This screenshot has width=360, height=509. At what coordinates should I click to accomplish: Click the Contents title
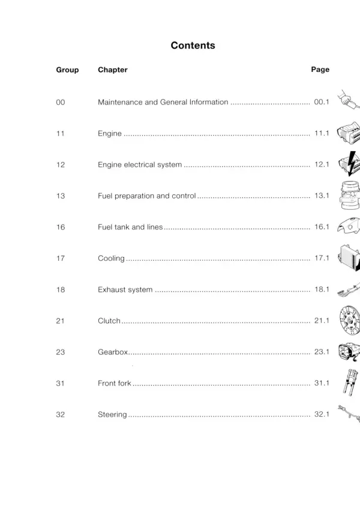point(193,46)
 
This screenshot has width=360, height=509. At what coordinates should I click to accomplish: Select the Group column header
point(67,70)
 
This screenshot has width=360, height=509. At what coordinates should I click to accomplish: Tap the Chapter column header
point(113,70)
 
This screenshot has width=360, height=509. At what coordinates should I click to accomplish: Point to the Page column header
point(320,70)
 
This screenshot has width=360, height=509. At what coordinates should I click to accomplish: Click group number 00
point(61,103)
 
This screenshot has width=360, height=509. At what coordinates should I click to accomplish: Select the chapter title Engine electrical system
point(140,165)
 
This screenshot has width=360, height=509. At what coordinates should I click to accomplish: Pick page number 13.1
point(322,195)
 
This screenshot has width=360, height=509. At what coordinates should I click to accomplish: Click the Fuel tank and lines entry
point(130,227)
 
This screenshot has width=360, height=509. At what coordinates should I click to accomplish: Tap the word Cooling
point(111,258)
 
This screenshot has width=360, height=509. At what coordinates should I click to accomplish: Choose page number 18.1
point(322,290)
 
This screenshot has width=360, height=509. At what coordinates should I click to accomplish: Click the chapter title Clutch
point(109,321)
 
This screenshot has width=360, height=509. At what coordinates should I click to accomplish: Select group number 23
point(61,352)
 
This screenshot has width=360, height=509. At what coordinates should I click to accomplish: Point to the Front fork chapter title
point(115,383)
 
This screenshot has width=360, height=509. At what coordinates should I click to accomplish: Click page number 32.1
point(322,414)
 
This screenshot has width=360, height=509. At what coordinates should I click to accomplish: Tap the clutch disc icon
point(350,320)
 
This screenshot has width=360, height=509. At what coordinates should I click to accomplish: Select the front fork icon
point(350,382)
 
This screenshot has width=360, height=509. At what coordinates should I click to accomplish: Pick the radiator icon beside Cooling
point(349,258)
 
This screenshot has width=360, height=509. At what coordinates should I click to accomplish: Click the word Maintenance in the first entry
point(120,103)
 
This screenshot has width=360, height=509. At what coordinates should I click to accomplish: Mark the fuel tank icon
point(349,226)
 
